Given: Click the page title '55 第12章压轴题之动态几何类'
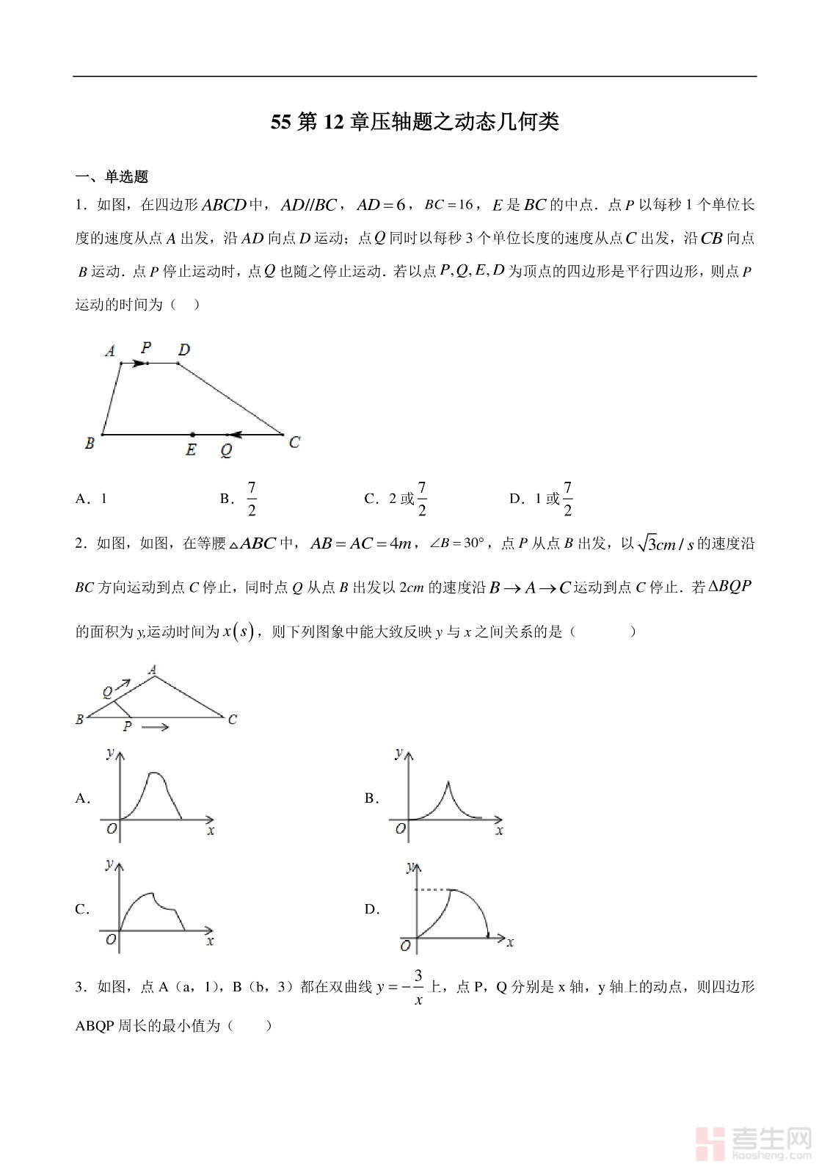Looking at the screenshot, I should (415, 122).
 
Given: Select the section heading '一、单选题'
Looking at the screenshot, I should (112, 177).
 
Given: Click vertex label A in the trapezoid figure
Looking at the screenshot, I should (110, 351).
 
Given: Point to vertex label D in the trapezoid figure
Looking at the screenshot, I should (184, 350).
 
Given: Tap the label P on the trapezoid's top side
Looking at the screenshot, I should (147, 347).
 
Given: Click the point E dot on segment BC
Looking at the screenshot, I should (192, 435).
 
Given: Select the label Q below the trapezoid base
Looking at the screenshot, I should (226, 451).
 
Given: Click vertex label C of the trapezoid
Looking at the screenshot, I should (294, 442).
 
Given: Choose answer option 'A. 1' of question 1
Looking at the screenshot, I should (92, 499).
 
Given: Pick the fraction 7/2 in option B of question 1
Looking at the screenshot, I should (252, 499).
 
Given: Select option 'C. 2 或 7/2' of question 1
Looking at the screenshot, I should (397, 499).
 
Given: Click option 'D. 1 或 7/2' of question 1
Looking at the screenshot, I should (542, 499).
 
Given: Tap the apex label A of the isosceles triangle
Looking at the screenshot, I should (153, 669).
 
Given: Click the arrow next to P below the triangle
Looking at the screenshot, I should (155, 727).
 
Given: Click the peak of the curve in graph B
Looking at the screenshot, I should (448, 784).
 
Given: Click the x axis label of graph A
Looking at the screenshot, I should (211, 831).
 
